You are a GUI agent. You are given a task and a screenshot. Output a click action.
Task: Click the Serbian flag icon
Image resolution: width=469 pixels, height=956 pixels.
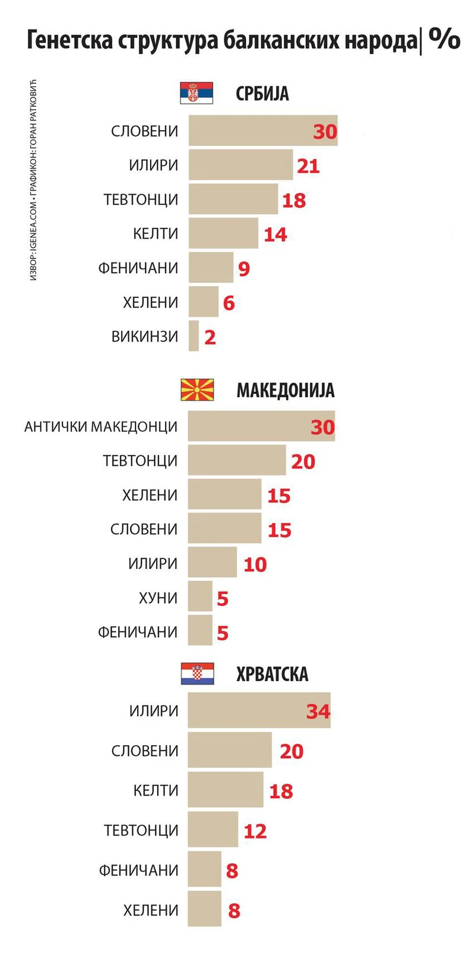coord(197,93)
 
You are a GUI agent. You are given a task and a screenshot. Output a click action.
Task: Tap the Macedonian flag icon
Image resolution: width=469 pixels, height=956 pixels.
coord(197,390)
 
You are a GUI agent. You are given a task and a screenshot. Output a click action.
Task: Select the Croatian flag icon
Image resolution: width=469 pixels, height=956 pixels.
coord(197,673)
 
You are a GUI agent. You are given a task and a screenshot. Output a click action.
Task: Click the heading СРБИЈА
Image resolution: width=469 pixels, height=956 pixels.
coord(262,94)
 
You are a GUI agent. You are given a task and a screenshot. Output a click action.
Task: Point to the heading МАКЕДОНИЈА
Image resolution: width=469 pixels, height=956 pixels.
coord(285,390)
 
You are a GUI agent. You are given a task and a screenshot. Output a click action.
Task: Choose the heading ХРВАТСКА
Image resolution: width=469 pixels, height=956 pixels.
coord(272,674)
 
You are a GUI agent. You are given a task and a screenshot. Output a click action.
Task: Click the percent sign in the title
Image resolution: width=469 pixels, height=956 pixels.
coord(444,40)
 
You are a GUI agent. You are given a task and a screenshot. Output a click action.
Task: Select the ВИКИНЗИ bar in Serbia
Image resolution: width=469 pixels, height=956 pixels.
coord(194,336)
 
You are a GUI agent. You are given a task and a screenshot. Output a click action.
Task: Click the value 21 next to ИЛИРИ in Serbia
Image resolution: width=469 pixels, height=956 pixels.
coord(308,166)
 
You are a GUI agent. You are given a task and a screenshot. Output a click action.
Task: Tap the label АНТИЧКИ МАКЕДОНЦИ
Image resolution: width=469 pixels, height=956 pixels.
coord(101,426)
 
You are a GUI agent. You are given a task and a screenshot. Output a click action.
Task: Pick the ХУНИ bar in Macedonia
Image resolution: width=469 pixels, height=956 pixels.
coord(200,597)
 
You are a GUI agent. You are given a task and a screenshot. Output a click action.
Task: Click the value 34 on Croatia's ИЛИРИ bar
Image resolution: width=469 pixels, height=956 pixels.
coord(318,711)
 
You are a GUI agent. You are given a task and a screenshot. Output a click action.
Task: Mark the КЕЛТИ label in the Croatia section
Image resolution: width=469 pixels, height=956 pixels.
coord(156,790)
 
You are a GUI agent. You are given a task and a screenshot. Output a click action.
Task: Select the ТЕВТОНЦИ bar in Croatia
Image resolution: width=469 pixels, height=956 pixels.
coord(213,830)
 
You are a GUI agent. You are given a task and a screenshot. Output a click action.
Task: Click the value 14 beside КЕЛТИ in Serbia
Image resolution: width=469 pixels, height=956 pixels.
coord(275,235)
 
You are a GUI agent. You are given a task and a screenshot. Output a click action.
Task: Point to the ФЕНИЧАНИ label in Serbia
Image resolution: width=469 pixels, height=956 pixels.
coord(138,268)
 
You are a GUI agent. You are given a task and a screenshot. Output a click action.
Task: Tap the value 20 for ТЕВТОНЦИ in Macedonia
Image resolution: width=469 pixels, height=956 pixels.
coord(303,461)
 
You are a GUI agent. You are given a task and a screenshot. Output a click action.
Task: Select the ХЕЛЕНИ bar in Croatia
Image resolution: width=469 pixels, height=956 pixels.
coord(204,908)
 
